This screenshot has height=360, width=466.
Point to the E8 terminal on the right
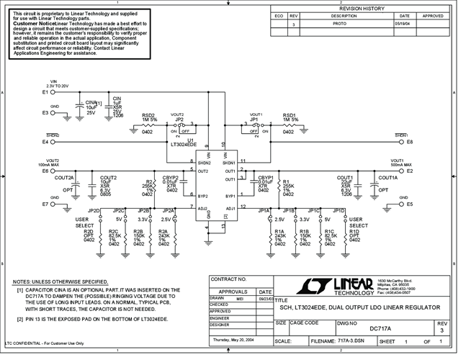click(x=408, y=142)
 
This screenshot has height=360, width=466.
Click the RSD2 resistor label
click(x=148, y=116)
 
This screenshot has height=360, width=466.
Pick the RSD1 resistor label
click(x=289, y=116)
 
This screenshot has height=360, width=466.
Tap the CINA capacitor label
click(x=91, y=103)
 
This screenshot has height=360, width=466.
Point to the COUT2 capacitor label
click(x=109, y=178)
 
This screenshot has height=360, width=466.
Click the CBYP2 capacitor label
click(x=171, y=178)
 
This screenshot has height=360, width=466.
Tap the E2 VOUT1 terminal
click(x=408, y=171)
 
